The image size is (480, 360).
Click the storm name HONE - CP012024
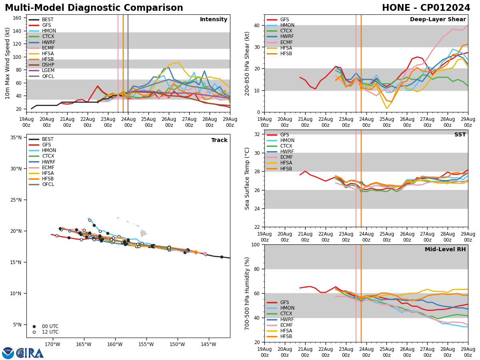[426, 8]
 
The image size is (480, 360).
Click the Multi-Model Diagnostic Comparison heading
[94, 8]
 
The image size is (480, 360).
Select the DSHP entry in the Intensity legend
[48, 65]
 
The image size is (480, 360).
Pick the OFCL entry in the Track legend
[48, 184]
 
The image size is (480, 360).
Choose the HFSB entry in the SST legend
[286, 169]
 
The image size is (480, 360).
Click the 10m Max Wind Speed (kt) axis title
[8, 63]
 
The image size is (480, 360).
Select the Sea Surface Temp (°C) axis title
[247, 178]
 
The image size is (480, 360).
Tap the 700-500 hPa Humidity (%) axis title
[247, 293]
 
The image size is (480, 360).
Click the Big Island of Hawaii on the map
[143, 233]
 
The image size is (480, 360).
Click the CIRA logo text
[30, 353]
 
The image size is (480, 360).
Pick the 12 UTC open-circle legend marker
[34, 332]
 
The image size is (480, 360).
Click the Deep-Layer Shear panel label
[438, 20]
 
